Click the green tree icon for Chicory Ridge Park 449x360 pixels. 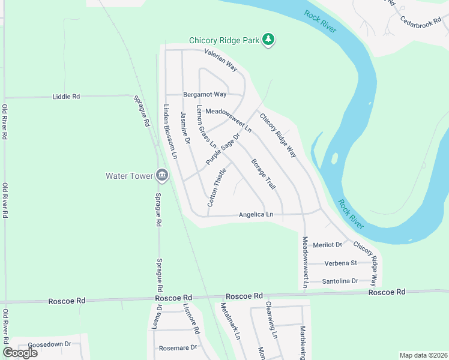(x=270, y=40)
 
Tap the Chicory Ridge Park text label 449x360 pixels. (x=224, y=41)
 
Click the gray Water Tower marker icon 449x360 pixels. (x=161, y=175)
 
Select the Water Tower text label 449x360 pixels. (x=128, y=176)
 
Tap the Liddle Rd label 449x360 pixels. (x=66, y=96)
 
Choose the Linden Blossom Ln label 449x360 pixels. (x=170, y=131)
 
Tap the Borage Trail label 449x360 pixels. (x=263, y=175)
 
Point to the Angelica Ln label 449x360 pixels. (x=256, y=214)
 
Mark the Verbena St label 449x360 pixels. (x=340, y=263)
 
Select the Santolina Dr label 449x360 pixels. (x=340, y=281)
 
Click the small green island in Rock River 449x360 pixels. (x=334, y=160)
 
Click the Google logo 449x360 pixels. (x=20, y=352)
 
